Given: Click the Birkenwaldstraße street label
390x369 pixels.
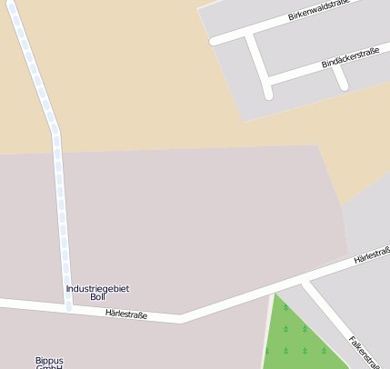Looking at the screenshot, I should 319,11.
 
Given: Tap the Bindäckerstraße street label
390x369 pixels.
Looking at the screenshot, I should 350,58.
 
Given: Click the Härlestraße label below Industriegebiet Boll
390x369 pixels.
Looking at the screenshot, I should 126,314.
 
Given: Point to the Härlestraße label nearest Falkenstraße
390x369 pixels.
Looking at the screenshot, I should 372,254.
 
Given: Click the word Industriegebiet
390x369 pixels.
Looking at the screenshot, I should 97,288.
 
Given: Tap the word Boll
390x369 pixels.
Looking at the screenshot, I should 98,297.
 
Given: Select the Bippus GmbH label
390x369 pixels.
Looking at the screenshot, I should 49,362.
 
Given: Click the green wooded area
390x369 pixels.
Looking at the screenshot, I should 295,345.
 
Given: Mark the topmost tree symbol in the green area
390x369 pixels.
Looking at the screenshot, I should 285,308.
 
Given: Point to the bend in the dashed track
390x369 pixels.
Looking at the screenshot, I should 55,128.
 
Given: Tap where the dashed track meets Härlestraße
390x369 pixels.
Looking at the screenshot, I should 68,306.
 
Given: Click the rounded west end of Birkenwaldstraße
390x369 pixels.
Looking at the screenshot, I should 215,41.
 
